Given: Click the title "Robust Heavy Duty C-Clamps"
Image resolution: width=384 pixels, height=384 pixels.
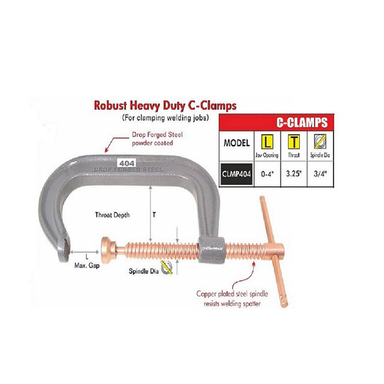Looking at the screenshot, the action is [x=165, y=106].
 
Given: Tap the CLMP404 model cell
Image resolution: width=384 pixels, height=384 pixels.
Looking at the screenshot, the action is [x=236, y=174].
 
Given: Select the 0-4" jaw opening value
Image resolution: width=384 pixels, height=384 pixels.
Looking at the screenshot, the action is [x=267, y=174].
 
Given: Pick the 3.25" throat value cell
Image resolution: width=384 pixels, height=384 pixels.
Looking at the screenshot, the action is [x=294, y=174].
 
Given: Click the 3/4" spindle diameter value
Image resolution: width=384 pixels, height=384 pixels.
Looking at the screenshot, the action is [x=320, y=174].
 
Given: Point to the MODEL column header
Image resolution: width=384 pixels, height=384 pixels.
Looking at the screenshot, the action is [x=237, y=143].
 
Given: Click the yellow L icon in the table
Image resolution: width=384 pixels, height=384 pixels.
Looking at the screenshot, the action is [x=267, y=142].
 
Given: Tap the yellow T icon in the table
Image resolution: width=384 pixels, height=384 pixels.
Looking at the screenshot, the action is [x=294, y=142].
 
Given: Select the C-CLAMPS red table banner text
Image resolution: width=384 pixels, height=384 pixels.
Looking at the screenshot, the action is [x=302, y=122].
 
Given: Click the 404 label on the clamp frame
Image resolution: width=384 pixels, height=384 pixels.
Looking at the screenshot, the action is [x=127, y=163].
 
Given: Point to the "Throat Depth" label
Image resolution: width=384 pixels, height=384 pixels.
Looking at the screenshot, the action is [x=112, y=215].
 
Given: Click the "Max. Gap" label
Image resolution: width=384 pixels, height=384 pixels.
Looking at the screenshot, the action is [x=87, y=265].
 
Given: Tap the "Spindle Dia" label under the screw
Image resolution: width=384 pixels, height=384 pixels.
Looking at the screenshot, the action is [x=144, y=271].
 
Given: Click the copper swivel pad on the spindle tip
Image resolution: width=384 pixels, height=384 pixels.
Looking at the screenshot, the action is [x=108, y=250].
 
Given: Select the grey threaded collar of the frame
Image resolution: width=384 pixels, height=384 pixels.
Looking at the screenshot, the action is [x=212, y=250].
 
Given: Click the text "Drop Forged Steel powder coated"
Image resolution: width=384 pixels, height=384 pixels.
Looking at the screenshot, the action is [x=157, y=139].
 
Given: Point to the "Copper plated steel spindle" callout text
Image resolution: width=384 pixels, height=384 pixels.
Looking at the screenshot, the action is [x=232, y=294].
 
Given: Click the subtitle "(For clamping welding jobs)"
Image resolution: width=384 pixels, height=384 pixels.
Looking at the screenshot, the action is [x=166, y=118].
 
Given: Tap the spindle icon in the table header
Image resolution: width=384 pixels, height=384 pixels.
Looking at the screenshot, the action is [x=320, y=141].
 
